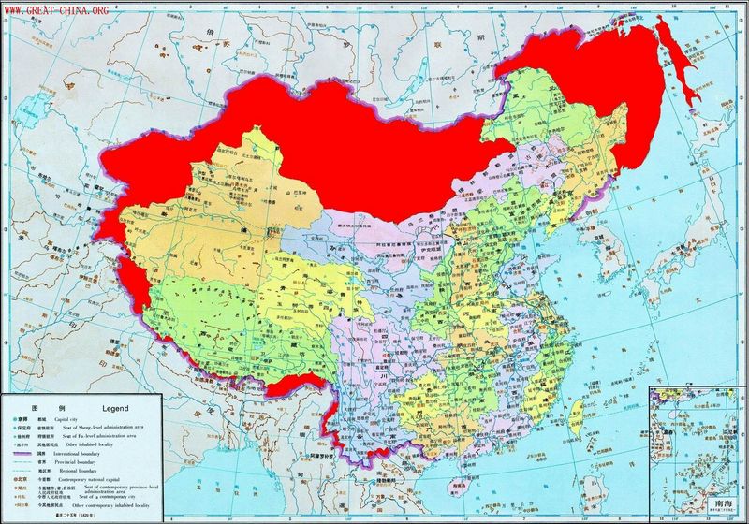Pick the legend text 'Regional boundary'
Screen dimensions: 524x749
pyautogui.click(x=89, y=470)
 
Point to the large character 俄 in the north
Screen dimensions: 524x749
pyautogui.click(x=198, y=44)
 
